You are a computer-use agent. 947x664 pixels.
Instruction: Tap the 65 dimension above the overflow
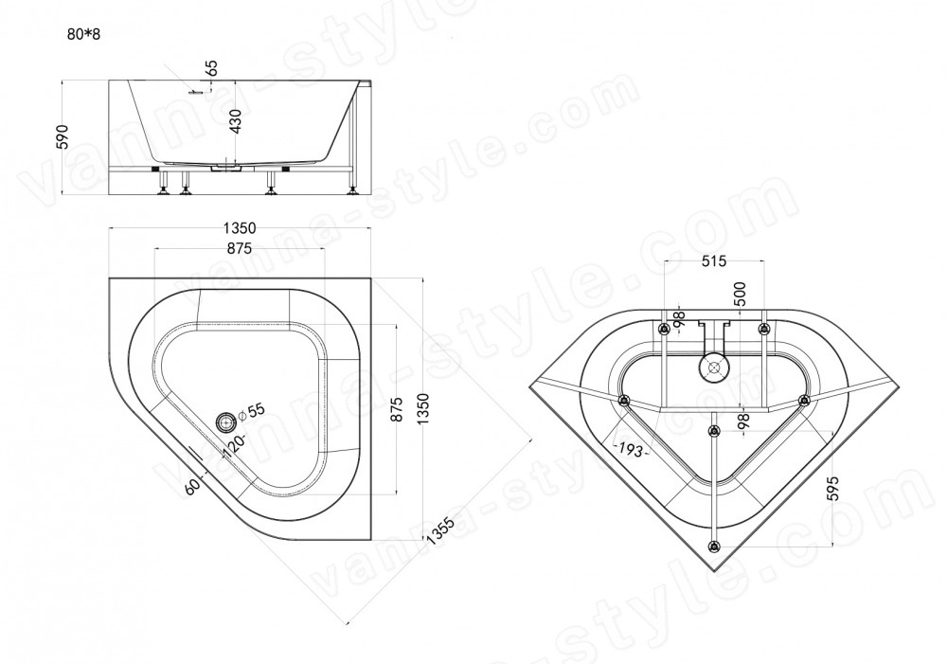pos(211,67)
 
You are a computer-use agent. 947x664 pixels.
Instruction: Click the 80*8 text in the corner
pos(83,34)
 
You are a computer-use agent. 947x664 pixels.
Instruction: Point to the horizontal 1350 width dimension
pos(240,227)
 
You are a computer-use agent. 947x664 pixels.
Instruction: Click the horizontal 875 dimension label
pos(240,248)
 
